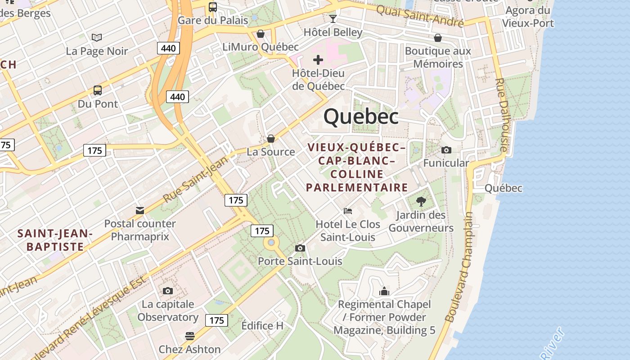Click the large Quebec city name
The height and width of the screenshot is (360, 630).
click(x=361, y=117)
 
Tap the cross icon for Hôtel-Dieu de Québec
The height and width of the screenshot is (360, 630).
click(x=318, y=60)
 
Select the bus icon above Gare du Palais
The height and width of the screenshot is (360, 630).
click(x=213, y=7)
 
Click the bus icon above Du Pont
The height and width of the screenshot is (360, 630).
click(x=98, y=90)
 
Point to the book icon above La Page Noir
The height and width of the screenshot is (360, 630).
click(x=97, y=38)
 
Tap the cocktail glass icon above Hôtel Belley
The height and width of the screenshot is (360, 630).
click(x=333, y=18)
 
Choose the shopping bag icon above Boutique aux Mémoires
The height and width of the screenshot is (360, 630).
click(x=438, y=38)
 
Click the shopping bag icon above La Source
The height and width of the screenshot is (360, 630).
click(x=271, y=139)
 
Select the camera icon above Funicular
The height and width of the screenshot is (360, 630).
click(x=446, y=150)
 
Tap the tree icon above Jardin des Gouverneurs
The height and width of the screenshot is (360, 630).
click(x=421, y=201)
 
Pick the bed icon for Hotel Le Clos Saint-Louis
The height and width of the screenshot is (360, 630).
click(x=348, y=211)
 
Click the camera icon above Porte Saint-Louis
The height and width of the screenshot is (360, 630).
click(x=300, y=248)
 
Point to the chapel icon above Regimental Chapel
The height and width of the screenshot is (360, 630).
click(x=384, y=291)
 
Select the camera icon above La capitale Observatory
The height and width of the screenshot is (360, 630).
click(x=168, y=291)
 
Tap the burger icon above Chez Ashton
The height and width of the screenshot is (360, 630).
click(x=189, y=336)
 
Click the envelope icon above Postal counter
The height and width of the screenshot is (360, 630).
click(x=140, y=210)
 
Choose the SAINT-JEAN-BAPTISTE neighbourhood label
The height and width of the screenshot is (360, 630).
click(x=55, y=240)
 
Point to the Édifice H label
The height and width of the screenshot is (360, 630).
click(x=262, y=325)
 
